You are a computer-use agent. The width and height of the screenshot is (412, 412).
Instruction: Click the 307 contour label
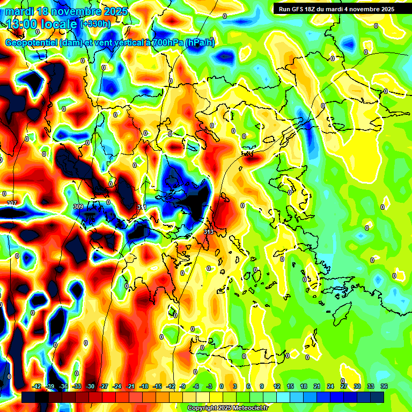coord(12,203)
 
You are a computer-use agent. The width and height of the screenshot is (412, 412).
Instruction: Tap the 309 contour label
coord(78,206)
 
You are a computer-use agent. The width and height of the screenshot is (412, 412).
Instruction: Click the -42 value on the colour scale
coord(37,386)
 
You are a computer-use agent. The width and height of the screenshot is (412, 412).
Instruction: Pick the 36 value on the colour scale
coord(384,386)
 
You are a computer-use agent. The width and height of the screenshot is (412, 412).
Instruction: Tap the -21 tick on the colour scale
coord(130,386)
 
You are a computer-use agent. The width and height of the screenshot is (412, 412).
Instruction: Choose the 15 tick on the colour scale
coord(290,386)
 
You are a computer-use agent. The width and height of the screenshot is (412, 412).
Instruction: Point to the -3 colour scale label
coord(210,386)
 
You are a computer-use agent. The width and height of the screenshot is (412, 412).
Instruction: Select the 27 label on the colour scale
coord(344,386)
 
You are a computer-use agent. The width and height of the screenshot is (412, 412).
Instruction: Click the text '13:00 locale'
coord(41,24)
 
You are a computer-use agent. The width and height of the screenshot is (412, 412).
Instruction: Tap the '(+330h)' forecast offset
coord(95,24)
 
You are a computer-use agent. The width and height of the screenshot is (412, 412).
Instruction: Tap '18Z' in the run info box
coord(313,9)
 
